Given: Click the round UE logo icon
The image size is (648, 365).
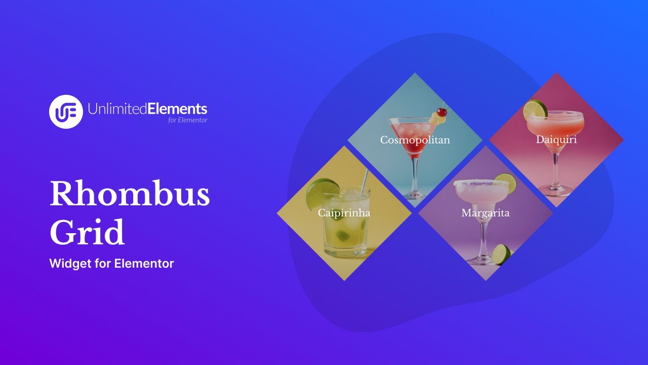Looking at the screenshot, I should pyautogui.click(x=66, y=112).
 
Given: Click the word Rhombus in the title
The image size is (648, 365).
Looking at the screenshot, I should pyautogui.click(x=130, y=194).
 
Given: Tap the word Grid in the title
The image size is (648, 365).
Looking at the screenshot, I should pyautogui.click(x=87, y=233).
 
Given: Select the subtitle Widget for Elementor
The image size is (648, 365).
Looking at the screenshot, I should pyautogui.click(x=111, y=264).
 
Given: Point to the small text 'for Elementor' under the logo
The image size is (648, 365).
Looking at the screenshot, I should pyautogui.click(x=188, y=120).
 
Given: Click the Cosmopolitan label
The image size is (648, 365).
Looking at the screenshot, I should pyautogui.click(x=415, y=140).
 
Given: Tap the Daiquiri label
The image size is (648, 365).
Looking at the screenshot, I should pyautogui.click(x=556, y=139).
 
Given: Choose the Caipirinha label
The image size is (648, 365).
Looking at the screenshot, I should pyautogui.click(x=344, y=213).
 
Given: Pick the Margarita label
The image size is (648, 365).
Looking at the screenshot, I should pyautogui.click(x=485, y=213).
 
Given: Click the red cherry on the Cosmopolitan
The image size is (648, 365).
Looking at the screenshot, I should pyautogui.click(x=442, y=112).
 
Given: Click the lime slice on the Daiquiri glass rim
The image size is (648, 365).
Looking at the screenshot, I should pyautogui.click(x=535, y=109).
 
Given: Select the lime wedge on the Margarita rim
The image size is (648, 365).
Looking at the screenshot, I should pyautogui.click(x=505, y=183).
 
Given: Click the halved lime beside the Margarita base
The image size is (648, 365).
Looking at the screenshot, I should pyautogui.click(x=502, y=254).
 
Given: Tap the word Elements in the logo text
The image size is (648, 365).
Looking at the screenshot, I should pyautogui.click(x=177, y=108).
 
